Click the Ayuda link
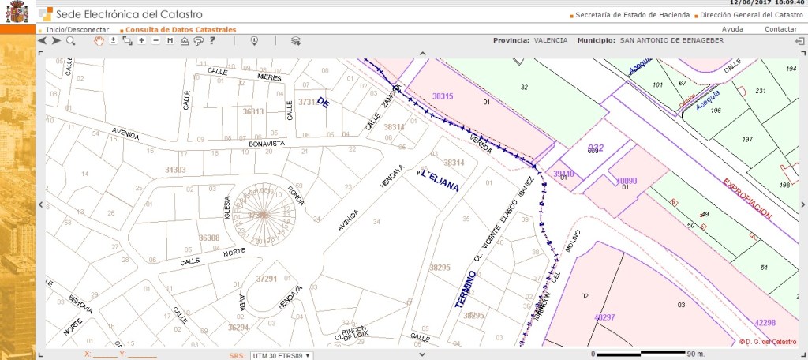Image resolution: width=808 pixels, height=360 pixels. (732, 29)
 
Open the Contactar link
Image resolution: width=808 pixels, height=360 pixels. (780, 29)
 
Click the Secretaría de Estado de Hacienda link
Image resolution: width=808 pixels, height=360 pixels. (632, 14)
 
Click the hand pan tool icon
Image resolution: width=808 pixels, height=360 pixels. (99, 40)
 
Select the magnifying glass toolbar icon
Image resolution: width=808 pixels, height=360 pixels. (71, 40)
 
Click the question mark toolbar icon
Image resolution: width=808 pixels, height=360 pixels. (212, 40)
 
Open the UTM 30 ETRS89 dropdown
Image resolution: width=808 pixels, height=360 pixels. (281, 355)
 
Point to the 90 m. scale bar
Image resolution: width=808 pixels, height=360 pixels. (647, 352)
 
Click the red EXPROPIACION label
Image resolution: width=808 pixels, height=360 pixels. (746, 197)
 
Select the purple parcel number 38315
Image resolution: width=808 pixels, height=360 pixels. (443, 96)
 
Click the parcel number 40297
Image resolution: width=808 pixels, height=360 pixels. (604, 317)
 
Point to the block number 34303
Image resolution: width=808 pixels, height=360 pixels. (175, 169)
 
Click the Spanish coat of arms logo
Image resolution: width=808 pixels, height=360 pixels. (17, 12)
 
